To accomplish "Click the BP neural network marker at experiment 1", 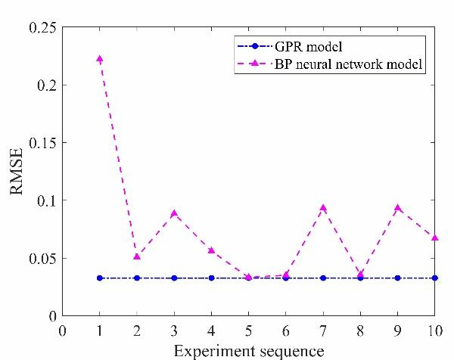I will [x=99, y=58].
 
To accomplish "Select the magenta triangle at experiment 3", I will [x=174, y=213].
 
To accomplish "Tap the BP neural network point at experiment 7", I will [x=323, y=207].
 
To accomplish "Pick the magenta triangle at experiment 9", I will [x=397, y=207].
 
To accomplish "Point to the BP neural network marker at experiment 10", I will [x=434, y=237].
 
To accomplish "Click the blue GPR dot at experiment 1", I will [x=99, y=278].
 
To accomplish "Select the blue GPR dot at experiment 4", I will [x=211, y=278].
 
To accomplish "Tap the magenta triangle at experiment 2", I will [x=137, y=256].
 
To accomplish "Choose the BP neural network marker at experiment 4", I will [x=211, y=250].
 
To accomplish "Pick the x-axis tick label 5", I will [x=248, y=329].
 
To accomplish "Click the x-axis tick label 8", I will [x=360, y=329].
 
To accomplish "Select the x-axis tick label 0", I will [x=62, y=329].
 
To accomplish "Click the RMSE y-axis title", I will [x=18, y=171].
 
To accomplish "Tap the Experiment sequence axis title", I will [x=248, y=350].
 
